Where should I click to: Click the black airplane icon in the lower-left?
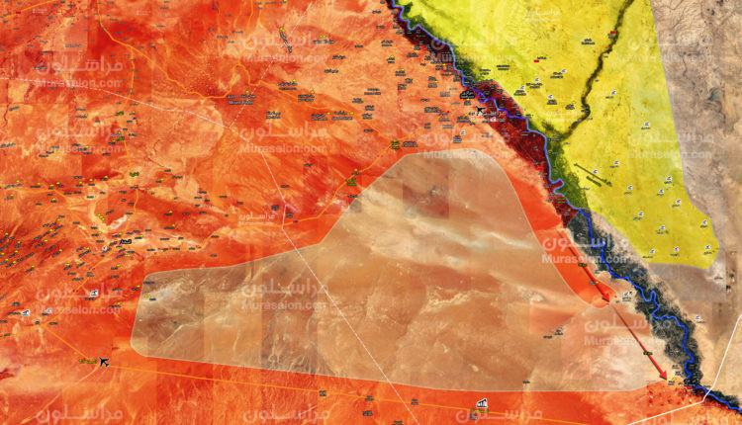103,362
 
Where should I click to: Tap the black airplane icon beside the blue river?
482,110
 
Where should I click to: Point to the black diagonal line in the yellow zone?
594,173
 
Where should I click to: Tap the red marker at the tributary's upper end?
612,30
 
